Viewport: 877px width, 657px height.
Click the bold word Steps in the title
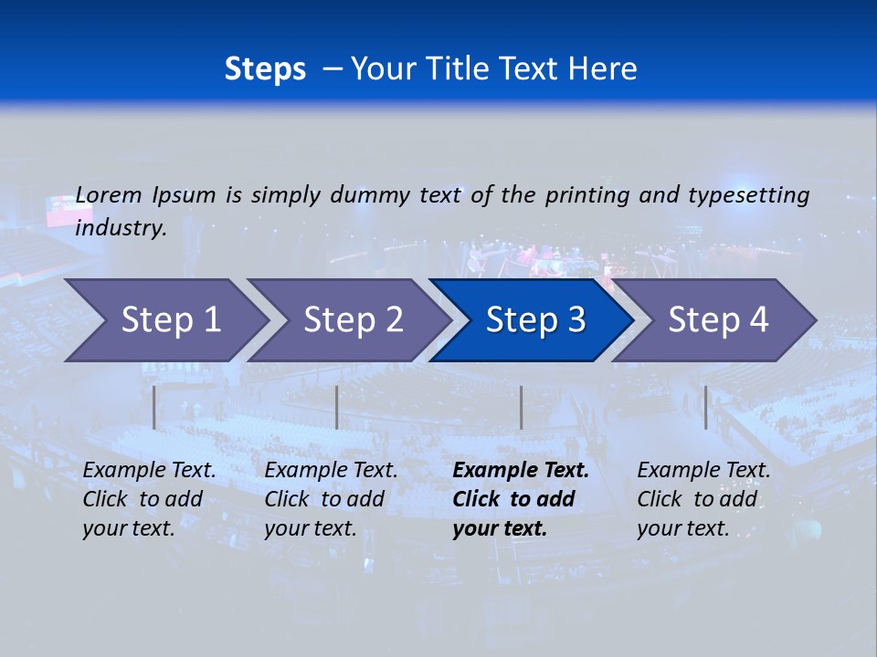(x=265, y=69)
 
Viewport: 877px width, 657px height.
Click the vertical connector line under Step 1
(x=154, y=407)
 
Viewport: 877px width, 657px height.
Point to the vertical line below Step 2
(x=337, y=407)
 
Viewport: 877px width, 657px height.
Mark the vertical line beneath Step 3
(x=521, y=407)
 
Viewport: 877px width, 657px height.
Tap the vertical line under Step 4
(x=705, y=407)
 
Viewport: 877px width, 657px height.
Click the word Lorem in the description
(x=109, y=194)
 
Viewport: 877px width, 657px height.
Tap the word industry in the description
(x=121, y=228)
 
